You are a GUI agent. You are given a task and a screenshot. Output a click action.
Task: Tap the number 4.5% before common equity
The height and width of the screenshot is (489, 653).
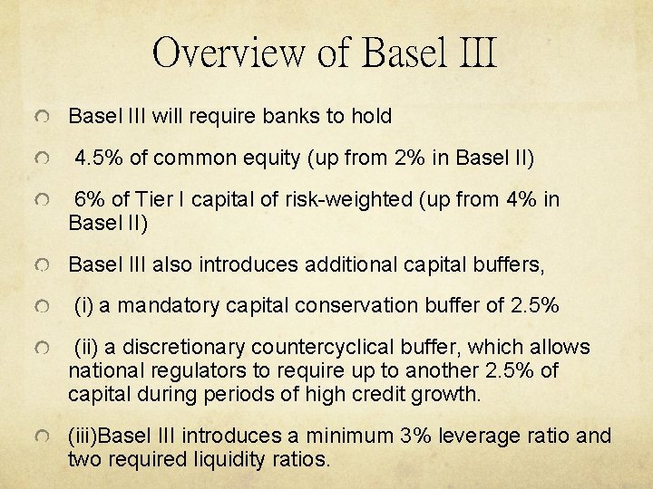(100, 158)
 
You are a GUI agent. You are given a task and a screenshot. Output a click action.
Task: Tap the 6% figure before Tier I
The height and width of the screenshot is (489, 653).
(90, 200)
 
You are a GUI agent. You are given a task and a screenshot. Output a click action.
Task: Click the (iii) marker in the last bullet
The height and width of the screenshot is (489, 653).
(83, 436)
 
